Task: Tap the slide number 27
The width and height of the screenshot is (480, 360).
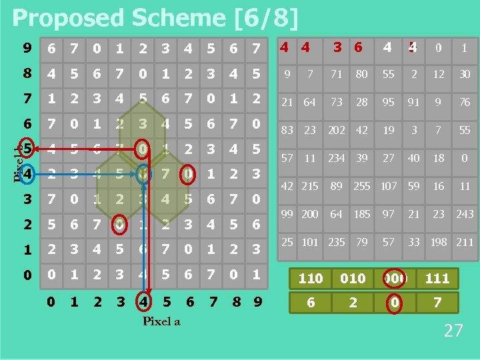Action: coord(453,330)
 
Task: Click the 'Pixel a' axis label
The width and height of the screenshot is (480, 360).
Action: coord(161,321)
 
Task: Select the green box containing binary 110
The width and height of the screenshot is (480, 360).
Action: coord(310,279)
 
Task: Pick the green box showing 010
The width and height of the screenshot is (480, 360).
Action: coord(353,279)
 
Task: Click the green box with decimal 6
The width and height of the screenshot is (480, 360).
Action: coord(310,303)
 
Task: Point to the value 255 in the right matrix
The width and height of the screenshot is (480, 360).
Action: coord(361,186)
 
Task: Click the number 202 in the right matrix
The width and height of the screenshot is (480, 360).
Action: coord(337,131)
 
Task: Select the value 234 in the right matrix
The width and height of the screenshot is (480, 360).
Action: coord(337,158)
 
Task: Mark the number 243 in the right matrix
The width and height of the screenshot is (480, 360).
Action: coord(465,213)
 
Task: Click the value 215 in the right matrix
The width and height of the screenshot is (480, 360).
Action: coord(310,186)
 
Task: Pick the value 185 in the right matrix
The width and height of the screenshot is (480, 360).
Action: coord(361,213)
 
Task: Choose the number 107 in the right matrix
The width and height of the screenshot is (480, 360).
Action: coord(389,186)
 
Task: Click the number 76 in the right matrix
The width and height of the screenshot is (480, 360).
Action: coord(465,102)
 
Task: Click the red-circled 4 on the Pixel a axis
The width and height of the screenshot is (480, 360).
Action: coord(143,302)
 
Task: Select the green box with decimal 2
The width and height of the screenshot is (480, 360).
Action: coord(353,303)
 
